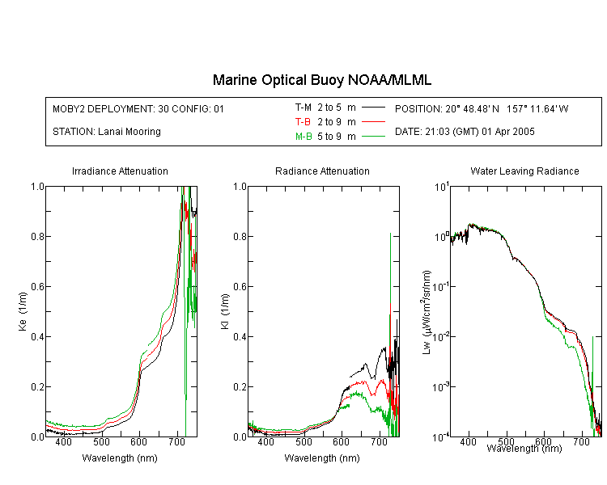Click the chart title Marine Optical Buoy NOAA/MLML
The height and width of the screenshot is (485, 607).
point(322,80)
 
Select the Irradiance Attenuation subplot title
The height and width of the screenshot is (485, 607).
point(120,171)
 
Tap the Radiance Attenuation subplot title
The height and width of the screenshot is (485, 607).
point(322,171)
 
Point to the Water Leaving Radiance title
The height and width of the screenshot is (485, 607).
point(524,171)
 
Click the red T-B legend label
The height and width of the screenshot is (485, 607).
point(303,122)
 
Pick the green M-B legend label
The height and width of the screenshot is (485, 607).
point(303,136)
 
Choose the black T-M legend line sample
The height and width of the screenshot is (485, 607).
point(373,108)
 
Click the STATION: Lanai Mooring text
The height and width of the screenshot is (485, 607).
point(107,132)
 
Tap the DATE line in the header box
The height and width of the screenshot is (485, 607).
point(465,132)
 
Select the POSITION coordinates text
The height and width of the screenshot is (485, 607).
point(482,108)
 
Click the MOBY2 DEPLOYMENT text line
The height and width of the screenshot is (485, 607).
point(138,108)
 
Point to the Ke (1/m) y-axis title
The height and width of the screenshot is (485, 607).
point(23,311)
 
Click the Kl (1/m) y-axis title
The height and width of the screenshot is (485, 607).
point(225,311)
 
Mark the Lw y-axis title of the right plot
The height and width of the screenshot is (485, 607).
point(427,312)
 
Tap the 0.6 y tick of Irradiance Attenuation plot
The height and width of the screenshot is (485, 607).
point(37,287)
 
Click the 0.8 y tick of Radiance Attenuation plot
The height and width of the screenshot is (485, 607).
point(240,236)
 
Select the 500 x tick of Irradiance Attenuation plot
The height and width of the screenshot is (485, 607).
point(101,441)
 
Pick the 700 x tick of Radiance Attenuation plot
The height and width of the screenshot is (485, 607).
point(380,441)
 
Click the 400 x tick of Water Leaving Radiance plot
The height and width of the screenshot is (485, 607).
point(469,441)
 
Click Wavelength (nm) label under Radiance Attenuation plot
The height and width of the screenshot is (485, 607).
point(322,458)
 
